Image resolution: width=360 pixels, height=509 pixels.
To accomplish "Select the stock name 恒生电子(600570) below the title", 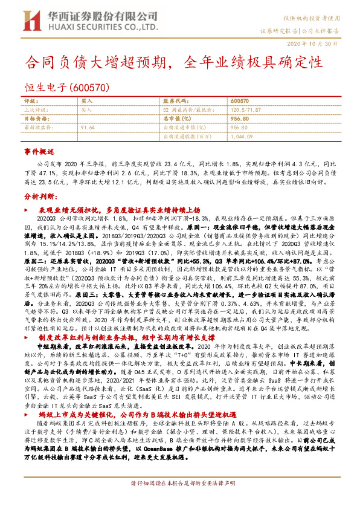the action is pyautogui.click(x=66, y=86).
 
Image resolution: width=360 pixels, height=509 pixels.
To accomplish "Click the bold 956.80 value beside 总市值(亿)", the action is pyautogui.click(x=240, y=118).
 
